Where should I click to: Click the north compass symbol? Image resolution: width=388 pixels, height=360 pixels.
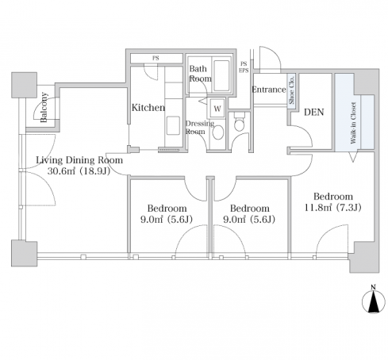pyautogui.click(x=373, y=300)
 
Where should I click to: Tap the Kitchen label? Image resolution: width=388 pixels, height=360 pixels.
pyautogui.click(x=148, y=108)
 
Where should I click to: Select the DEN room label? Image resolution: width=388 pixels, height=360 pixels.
pyautogui.click(x=314, y=112)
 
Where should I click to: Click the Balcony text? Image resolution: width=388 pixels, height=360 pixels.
pyautogui.click(x=44, y=107)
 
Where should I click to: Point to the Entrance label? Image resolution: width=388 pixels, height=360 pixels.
pyautogui.click(x=269, y=90)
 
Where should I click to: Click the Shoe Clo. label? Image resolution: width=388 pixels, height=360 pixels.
pyautogui.click(x=291, y=90)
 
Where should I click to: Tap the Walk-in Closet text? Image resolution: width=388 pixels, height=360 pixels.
pyautogui.click(x=353, y=123)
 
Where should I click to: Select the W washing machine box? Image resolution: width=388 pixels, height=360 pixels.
pyautogui.click(x=217, y=109)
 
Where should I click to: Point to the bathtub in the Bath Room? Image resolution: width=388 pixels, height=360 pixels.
pyautogui.click(x=221, y=76)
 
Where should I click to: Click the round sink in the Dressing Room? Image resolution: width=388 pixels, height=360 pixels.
pyautogui.click(x=218, y=132)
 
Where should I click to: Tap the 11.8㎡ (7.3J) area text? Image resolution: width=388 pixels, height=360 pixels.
pyautogui.click(x=332, y=208)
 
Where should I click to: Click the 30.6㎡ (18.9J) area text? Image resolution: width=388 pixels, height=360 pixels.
pyautogui.click(x=79, y=171)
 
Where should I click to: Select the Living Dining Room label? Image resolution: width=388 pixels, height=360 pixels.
pyautogui.click(x=79, y=160)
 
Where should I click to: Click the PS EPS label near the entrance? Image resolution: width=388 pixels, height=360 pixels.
pyautogui.click(x=244, y=67)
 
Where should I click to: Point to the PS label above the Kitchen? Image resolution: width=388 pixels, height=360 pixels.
pyautogui.click(x=156, y=58)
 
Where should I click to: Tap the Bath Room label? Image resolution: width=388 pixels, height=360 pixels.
pyautogui.click(x=200, y=74)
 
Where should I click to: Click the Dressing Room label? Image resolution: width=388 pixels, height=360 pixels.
pyautogui.click(x=200, y=128)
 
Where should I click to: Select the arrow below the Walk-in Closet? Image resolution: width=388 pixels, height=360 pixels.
pyautogui.click(x=352, y=156)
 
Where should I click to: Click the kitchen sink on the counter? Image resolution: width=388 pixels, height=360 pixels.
pyautogui.click(x=173, y=125)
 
